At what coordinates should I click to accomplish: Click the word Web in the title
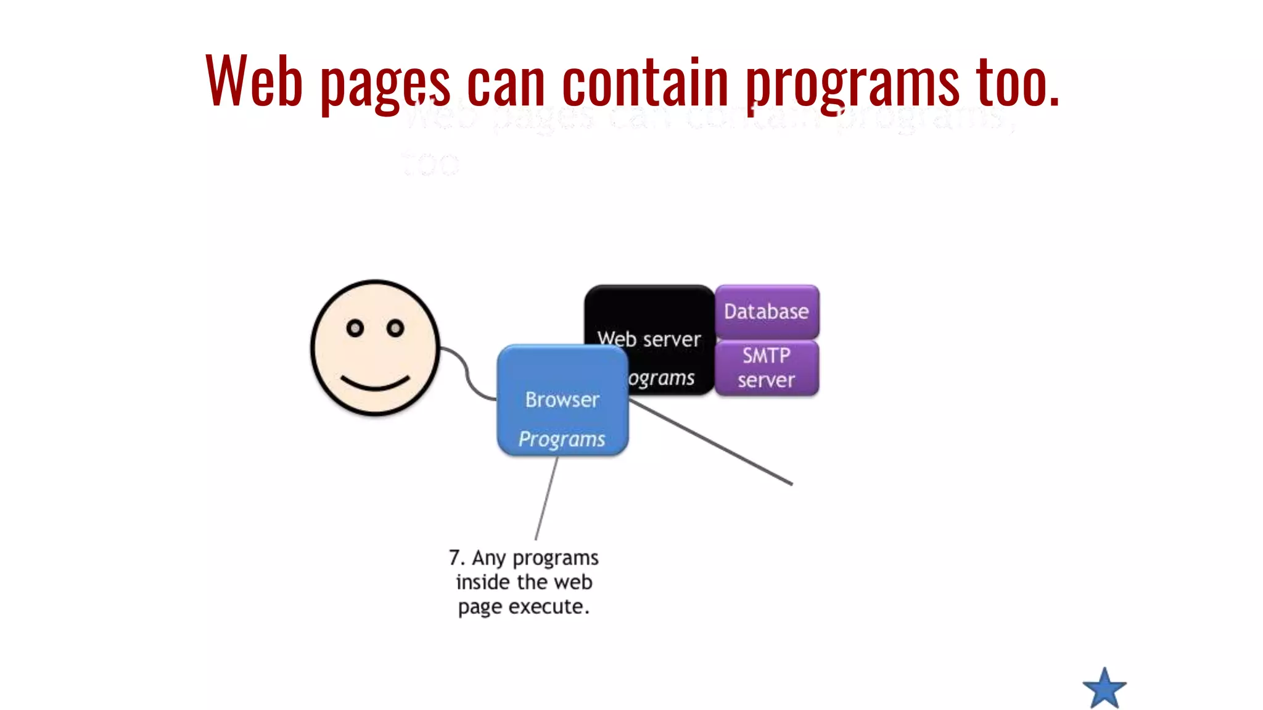click(253, 81)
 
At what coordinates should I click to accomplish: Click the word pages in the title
click(385, 83)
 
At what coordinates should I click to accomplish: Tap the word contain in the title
click(645, 81)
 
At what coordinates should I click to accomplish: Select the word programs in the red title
click(852, 83)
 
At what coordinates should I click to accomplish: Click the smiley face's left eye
click(355, 328)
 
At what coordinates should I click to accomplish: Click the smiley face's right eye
click(395, 328)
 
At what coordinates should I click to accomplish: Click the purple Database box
click(767, 311)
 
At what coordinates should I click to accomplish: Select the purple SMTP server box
click(767, 368)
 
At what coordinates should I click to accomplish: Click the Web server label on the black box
click(649, 339)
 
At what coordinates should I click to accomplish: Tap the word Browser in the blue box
click(562, 399)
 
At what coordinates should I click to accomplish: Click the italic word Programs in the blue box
click(561, 439)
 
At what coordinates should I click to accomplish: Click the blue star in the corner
click(1104, 688)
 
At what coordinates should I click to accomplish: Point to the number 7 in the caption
click(455, 558)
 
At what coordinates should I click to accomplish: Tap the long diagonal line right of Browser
click(709, 443)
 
